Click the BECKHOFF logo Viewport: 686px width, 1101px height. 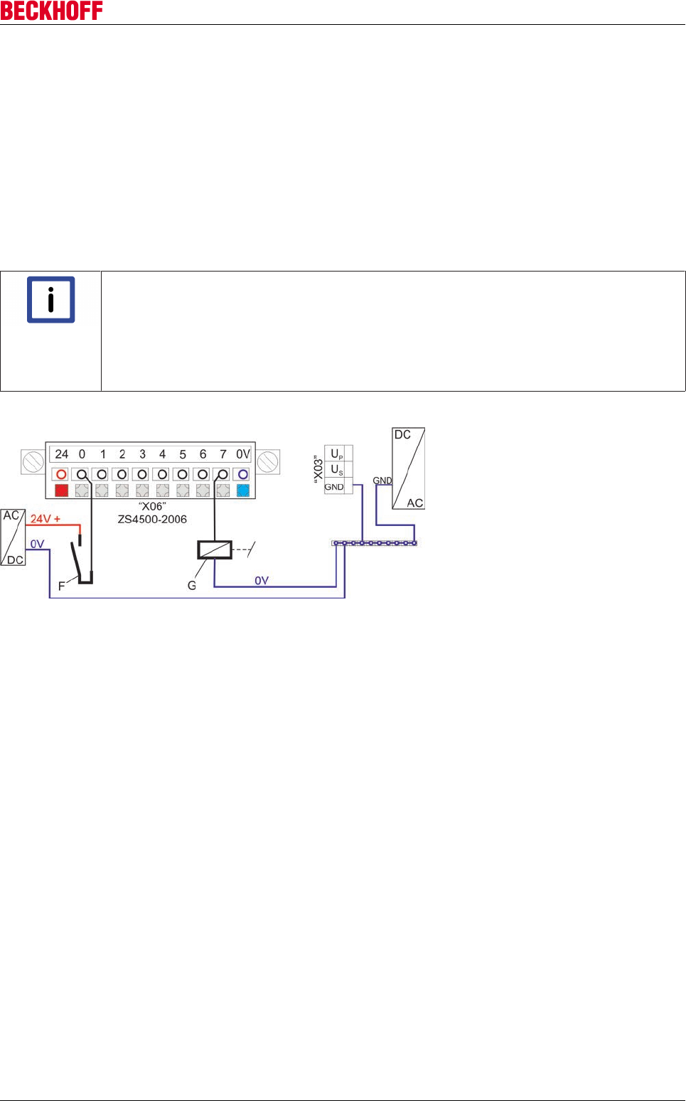(x=51, y=11)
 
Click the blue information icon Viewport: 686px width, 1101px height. (x=50, y=300)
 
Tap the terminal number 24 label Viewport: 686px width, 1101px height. (x=62, y=454)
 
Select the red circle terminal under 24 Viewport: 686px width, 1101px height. (x=61, y=474)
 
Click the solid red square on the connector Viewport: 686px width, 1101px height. (x=61, y=490)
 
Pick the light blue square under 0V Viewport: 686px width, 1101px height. (x=243, y=490)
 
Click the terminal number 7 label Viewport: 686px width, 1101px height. (x=223, y=454)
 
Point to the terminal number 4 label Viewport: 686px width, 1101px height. (x=162, y=454)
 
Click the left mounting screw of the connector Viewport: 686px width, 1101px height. (x=33, y=462)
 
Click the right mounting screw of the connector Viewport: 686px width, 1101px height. (x=268, y=462)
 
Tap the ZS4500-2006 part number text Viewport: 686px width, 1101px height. (x=152, y=520)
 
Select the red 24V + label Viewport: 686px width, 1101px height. (x=45, y=519)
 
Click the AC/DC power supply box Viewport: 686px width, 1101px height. (x=13, y=537)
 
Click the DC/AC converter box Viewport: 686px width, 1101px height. (x=409, y=468)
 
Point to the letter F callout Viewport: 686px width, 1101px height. (x=61, y=586)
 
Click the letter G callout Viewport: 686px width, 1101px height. (x=191, y=586)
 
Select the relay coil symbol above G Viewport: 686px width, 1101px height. (x=215, y=549)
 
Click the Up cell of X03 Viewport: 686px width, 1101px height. (x=337, y=454)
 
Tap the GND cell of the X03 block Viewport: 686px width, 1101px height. (x=334, y=487)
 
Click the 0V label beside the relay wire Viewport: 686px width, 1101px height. (x=262, y=581)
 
